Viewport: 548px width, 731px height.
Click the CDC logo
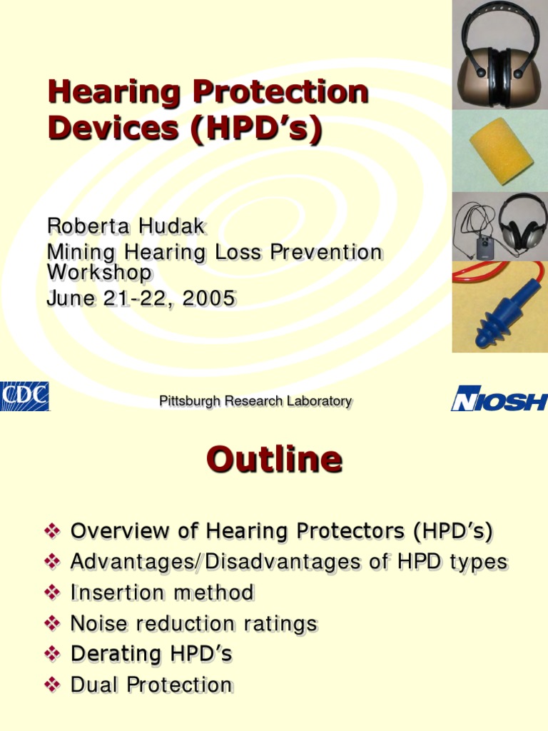coord(24,397)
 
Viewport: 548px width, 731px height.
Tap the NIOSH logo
coord(499,398)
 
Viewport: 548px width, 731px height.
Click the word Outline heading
coord(274,460)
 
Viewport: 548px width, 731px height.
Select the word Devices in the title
coord(103,129)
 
